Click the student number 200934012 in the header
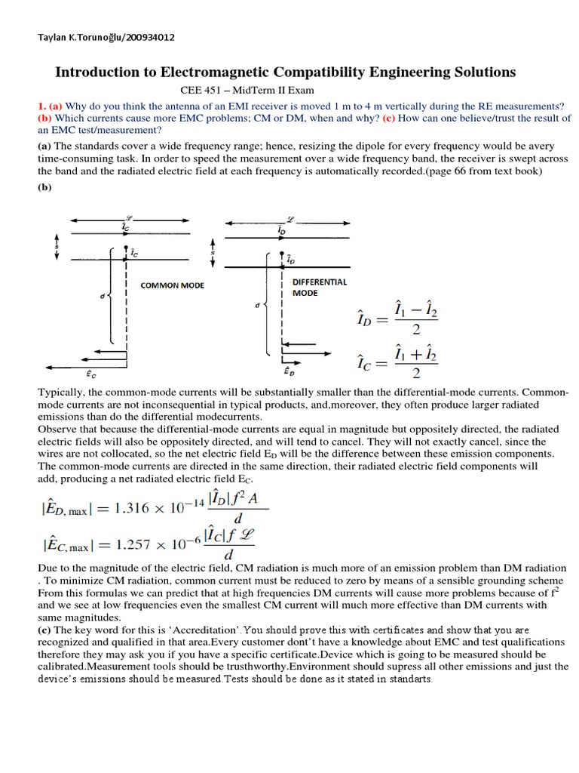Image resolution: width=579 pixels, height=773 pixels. point(149,38)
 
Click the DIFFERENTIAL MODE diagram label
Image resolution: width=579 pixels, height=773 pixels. point(319,287)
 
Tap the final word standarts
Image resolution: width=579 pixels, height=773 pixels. point(408,679)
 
